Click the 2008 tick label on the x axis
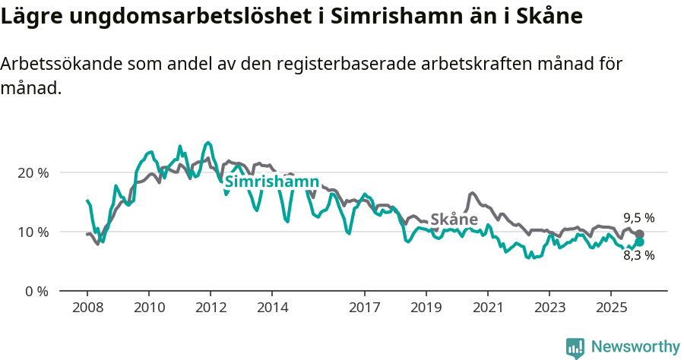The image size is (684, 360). pos(87,308)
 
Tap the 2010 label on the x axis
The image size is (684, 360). pos(149,308)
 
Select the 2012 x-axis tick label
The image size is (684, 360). pos(211,308)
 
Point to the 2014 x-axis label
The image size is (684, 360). pos(272,308)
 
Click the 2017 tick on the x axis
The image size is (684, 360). pos(365,308)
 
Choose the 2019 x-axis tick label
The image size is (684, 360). pos(426,308)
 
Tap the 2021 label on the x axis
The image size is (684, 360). pos(488,308)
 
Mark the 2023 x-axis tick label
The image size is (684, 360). pos(549,308)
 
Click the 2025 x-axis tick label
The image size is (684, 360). pos(611,308)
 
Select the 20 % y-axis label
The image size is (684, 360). pos(33,172)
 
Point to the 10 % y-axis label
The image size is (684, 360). pos(33,232)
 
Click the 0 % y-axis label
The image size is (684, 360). pos(36,291)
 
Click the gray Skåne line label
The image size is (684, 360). pos(454,219)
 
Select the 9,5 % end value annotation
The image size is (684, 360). pos(638,217)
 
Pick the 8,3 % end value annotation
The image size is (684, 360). pos(638,255)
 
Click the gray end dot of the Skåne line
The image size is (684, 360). pos(639,235)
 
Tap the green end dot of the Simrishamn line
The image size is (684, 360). pos(639,242)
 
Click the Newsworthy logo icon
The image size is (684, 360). pos(575,347)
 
